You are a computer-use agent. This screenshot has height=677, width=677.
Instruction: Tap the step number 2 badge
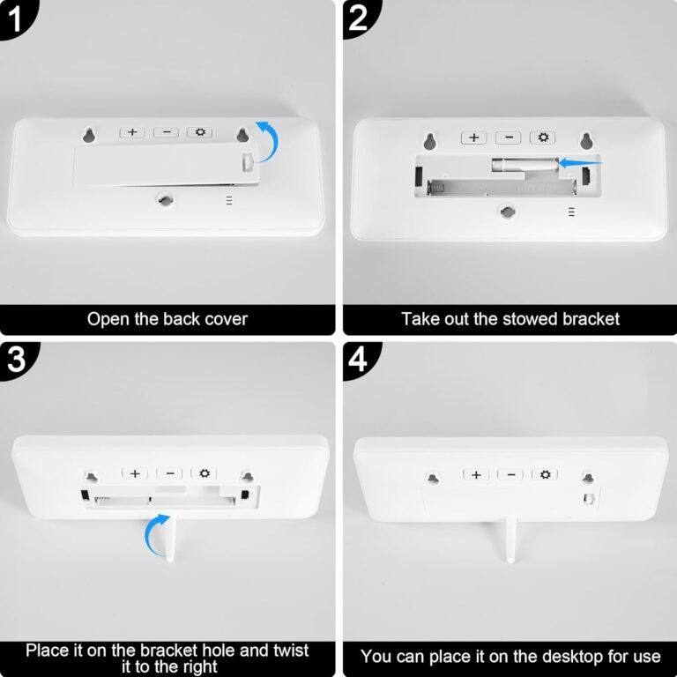coord(359,18)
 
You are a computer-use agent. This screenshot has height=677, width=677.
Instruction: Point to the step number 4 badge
coord(359,360)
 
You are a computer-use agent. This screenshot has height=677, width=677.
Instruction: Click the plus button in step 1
coord(132,132)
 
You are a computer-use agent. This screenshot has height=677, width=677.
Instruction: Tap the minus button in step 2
coord(508,138)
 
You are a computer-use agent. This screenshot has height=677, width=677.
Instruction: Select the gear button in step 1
coord(200,132)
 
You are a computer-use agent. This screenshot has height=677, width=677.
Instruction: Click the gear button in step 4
coord(545,474)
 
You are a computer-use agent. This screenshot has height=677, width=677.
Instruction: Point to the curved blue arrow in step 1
coord(274,138)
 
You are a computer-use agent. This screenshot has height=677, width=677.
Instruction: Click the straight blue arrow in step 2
coord(580,163)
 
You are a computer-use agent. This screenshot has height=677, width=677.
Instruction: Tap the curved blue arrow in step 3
coord(151,535)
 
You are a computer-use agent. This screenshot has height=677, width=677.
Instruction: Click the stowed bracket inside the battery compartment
coord(524,165)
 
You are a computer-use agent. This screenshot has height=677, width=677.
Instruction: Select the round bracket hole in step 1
coord(165,200)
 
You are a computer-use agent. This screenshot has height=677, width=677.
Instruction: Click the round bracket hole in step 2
coord(508,212)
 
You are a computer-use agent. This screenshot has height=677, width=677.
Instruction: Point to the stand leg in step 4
coord(510,541)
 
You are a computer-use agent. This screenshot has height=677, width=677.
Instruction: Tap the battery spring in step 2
coord(435,189)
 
